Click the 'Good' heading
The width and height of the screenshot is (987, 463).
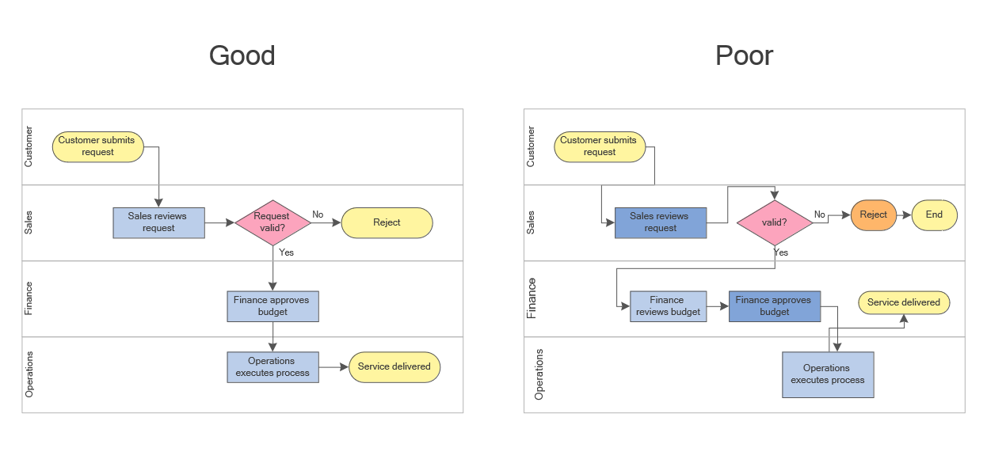(242, 55)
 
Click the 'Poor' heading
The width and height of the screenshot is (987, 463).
(744, 55)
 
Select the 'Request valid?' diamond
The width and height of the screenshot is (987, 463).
(272, 222)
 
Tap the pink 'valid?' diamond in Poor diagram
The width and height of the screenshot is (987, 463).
(774, 222)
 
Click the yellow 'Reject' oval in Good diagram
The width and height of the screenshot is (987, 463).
(387, 222)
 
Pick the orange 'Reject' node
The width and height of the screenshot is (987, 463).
(873, 214)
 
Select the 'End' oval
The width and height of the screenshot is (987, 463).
(934, 214)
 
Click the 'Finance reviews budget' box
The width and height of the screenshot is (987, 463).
(668, 306)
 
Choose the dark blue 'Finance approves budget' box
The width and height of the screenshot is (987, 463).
(774, 306)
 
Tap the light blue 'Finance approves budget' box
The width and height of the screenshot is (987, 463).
(272, 306)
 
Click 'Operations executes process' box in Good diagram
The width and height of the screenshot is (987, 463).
(272, 367)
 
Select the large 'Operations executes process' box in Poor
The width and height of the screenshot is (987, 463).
(827, 374)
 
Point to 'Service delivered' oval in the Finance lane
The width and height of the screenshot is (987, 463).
(903, 302)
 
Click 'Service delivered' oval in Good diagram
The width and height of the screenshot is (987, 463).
(394, 367)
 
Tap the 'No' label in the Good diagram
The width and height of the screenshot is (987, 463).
(318, 214)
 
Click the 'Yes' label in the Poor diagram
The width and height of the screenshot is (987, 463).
(781, 252)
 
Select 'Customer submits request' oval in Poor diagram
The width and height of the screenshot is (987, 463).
(599, 146)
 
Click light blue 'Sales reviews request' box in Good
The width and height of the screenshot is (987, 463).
(158, 222)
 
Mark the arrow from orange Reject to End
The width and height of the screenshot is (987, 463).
(904, 214)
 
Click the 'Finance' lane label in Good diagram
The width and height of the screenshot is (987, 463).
(29, 299)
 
